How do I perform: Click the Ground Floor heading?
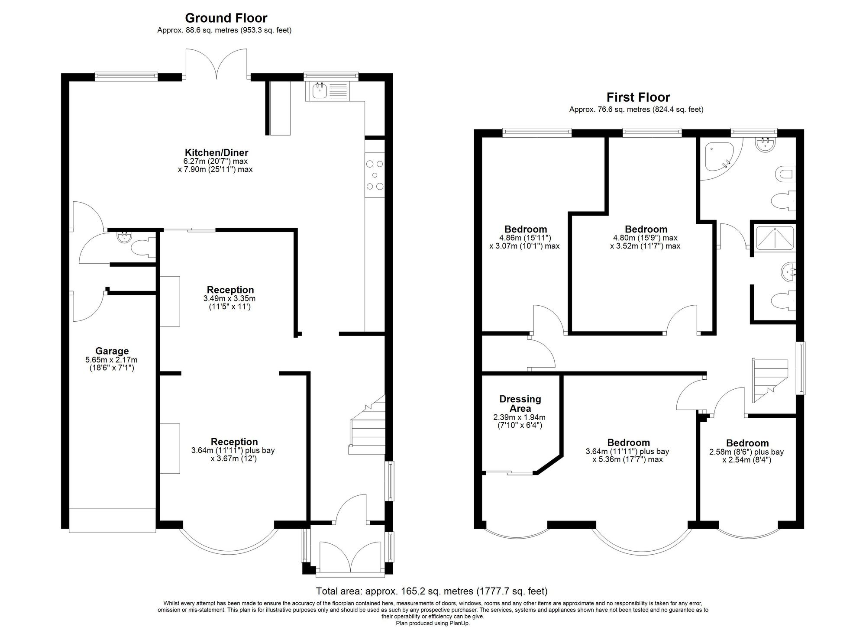point(226,18)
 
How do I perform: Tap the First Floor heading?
point(638,97)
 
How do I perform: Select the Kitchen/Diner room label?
point(216,152)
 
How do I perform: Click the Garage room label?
point(112,351)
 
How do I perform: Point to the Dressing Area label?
point(520,404)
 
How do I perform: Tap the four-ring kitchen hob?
point(375,175)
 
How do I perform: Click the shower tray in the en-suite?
point(775,238)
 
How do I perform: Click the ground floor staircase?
point(367,424)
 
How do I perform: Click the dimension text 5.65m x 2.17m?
point(112,360)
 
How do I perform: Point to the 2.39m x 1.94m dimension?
point(519,417)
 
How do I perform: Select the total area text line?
point(432,591)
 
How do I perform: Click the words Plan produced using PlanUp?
point(433,624)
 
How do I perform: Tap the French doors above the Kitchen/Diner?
point(217,64)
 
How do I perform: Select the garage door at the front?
point(112,520)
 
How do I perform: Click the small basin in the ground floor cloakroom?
point(124,236)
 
